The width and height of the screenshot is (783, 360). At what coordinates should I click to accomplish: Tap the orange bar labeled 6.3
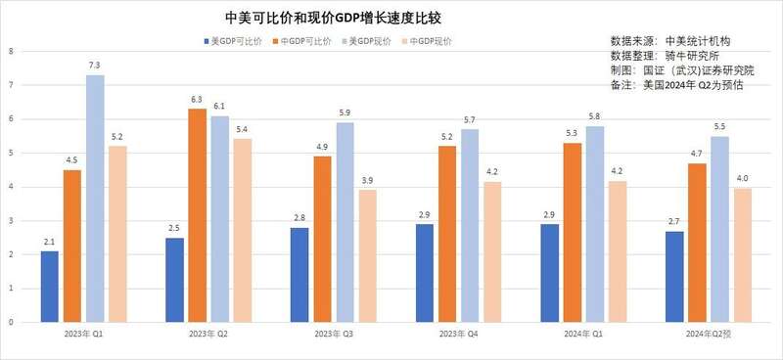click(x=197, y=215)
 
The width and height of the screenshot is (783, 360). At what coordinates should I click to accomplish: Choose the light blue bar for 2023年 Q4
click(x=471, y=225)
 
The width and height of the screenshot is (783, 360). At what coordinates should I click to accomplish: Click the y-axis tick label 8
click(x=10, y=51)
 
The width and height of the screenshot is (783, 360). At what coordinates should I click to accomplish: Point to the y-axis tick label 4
click(x=10, y=187)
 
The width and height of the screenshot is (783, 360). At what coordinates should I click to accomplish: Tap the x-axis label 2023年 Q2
click(x=208, y=335)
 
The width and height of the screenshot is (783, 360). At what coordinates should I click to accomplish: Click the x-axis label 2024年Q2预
click(x=710, y=335)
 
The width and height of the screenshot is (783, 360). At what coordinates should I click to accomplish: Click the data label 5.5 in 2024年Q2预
click(x=720, y=127)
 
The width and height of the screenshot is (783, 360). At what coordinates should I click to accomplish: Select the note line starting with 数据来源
click(x=670, y=41)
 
